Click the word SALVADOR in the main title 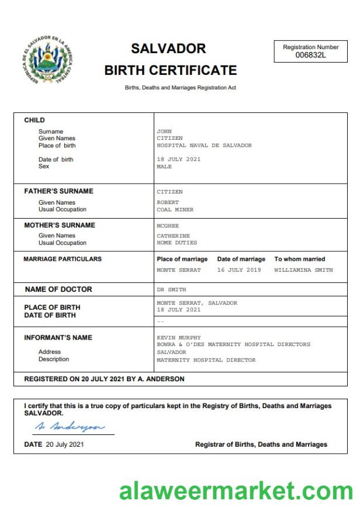pos(168,49)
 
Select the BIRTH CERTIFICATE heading pos(170,71)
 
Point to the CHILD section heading pos(34,120)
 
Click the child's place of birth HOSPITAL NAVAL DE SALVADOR pos(204,146)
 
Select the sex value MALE pos(164,167)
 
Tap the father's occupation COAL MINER pos(175,210)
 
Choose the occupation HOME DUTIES pos(176,243)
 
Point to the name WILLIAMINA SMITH pos(303,271)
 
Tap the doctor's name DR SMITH pos(171,290)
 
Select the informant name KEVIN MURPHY pos(179,338)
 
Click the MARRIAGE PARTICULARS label pos(63,259)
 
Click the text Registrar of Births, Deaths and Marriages pos(261,444)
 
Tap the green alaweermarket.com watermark pos(236,490)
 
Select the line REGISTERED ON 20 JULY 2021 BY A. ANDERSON pos(104,379)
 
